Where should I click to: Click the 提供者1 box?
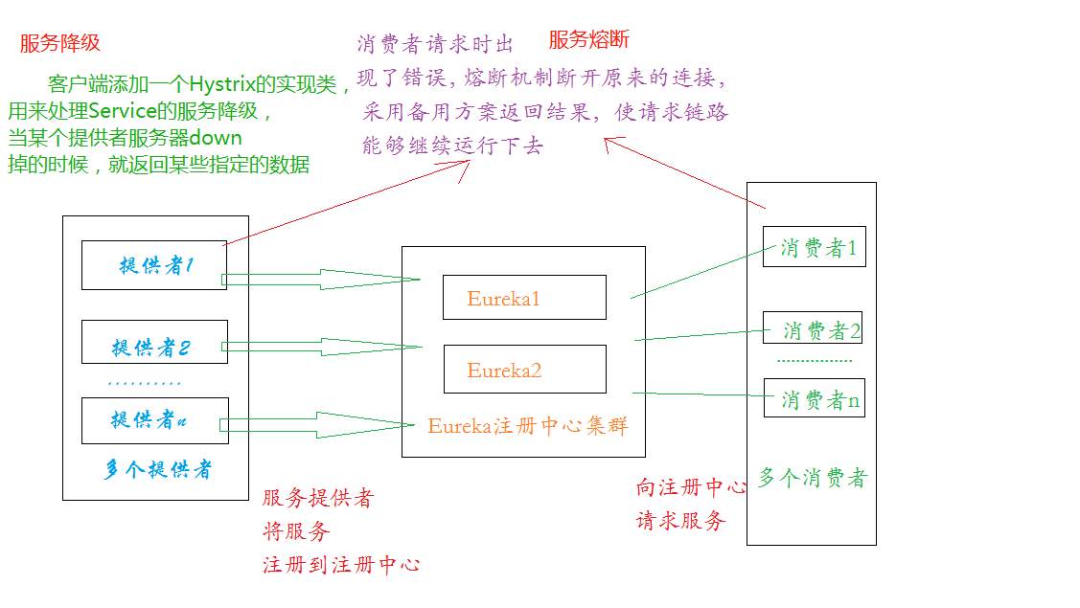154,265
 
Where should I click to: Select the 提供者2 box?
154,342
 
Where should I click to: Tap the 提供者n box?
154,420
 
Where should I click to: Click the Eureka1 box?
524,298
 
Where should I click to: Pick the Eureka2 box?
524,370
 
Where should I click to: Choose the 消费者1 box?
815,247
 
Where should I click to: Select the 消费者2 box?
813,328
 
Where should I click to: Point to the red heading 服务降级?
59,43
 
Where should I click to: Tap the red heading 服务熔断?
589,40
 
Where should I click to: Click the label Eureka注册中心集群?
528,426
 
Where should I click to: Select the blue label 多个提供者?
158,469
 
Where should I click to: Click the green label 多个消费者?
812,478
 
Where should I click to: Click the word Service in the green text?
123,110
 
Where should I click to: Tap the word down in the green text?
216,137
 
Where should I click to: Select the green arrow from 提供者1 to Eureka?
321,280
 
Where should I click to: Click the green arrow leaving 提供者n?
316,424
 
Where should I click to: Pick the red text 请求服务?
680,522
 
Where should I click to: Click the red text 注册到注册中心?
341,565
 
